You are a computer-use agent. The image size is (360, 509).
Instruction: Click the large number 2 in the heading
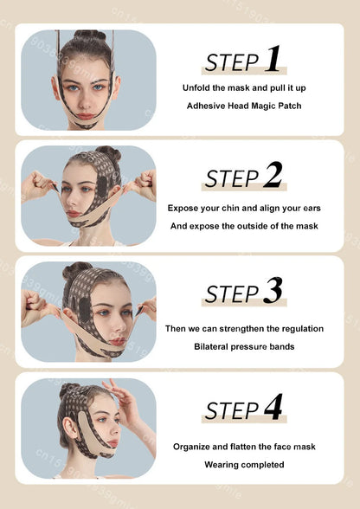click(x=273, y=175)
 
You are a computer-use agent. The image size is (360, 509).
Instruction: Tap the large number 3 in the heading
click(x=273, y=291)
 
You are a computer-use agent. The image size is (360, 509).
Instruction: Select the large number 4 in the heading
click(x=273, y=407)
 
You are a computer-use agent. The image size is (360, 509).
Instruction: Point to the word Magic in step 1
click(x=264, y=106)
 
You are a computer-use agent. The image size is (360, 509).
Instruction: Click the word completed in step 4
click(x=263, y=465)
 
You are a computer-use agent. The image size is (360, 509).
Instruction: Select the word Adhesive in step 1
click(x=208, y=106)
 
